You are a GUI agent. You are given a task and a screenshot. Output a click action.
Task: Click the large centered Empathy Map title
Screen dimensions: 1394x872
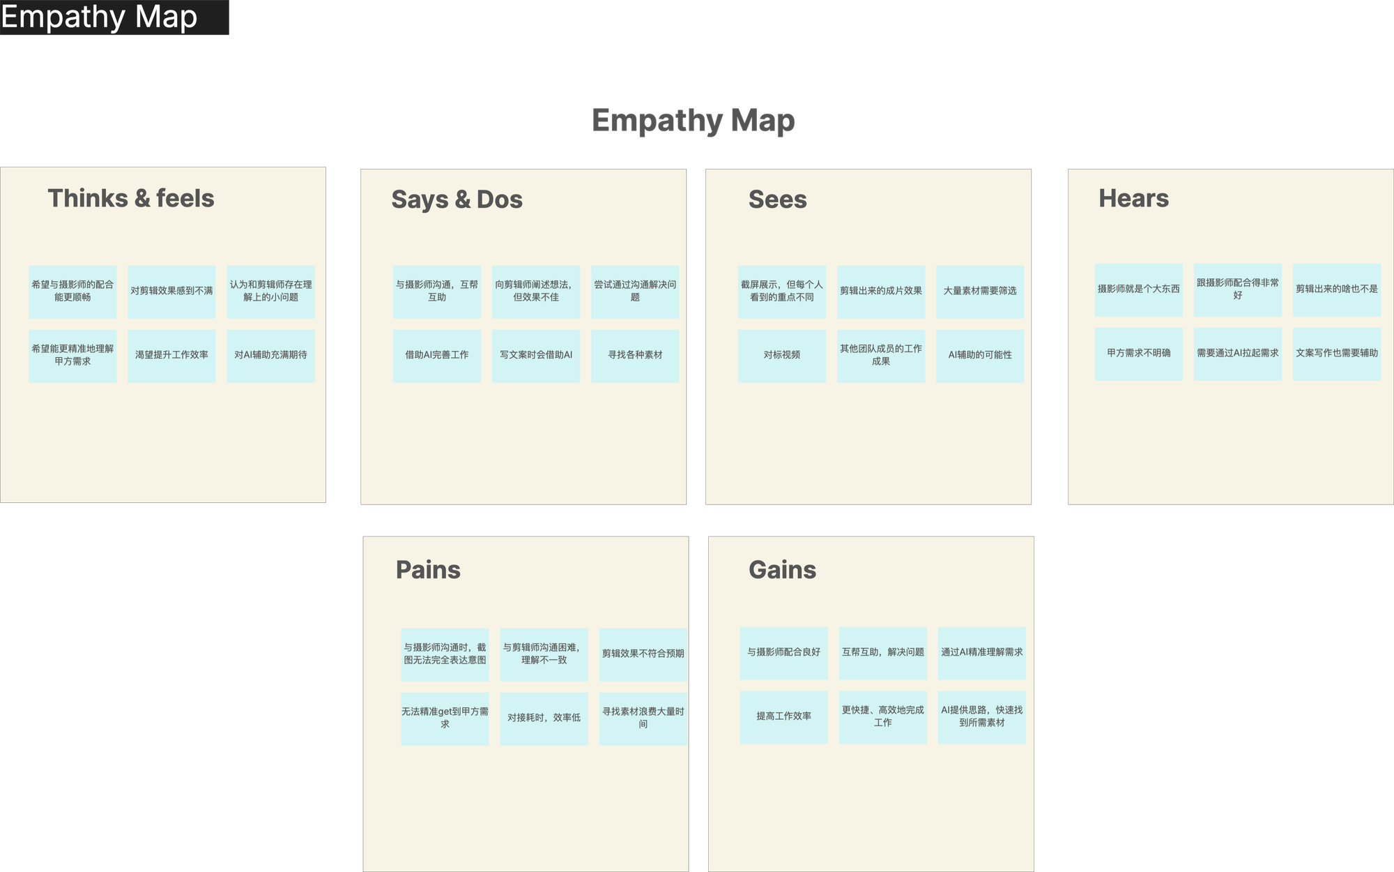pos(693,121)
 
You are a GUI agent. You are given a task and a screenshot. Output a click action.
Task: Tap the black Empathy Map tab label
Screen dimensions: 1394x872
pos(114,17)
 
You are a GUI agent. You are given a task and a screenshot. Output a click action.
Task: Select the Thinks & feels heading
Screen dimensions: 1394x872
pos(131,198)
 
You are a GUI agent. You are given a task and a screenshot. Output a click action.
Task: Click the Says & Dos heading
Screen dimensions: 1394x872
pos(457,200)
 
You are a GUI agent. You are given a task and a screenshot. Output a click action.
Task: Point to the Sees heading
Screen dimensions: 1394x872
pos(777,200)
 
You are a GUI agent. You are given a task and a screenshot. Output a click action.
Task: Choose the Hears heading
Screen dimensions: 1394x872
pos(1133,198)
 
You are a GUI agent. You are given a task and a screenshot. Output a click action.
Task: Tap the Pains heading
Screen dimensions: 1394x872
pos(428,570)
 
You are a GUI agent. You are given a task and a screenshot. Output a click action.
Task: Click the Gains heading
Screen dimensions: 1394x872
pos(782,570)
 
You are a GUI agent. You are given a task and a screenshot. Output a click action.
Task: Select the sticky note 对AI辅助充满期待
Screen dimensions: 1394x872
pos(270,356)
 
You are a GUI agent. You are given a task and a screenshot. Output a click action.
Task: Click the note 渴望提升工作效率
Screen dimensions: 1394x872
pos(171,356)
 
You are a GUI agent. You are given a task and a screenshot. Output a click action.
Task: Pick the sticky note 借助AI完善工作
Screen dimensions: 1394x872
pos(437,356)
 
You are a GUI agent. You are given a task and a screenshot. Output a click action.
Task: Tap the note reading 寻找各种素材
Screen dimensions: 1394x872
pos(635,356)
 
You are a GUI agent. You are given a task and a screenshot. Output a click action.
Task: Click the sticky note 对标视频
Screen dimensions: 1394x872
pos(782,356)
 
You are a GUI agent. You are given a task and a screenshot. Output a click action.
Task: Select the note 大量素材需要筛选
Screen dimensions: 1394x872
pos(980,292)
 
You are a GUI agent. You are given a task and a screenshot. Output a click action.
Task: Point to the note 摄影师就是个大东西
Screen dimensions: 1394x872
pos(1139,290)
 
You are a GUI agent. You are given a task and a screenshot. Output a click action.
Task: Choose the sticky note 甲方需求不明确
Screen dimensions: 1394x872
pos(1139,354)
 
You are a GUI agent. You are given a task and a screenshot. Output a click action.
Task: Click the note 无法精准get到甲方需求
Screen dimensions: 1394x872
pos(445,719)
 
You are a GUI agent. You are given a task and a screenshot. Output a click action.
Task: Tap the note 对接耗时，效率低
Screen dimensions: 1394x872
pos(544,719)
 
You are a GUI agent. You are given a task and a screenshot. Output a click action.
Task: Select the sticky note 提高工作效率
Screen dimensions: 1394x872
pos(783,717)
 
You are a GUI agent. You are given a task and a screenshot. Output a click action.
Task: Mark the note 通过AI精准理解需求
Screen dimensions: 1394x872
pos(981,653)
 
